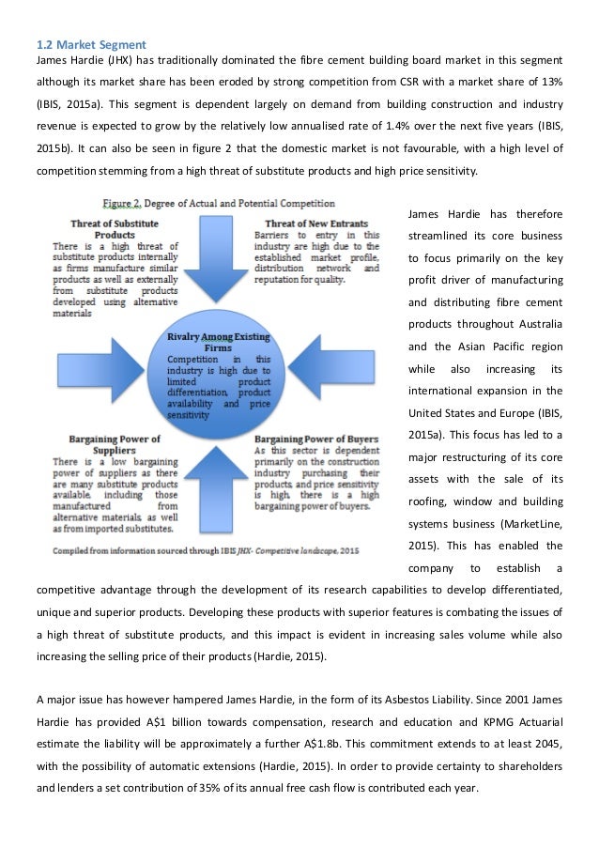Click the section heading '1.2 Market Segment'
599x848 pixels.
pos(86,41)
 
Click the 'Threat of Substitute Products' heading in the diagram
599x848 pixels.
pos(115,229)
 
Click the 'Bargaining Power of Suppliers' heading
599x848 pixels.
pos(114,444)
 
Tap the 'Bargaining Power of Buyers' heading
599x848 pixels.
pos(316,439)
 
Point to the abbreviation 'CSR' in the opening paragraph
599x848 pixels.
pos(407,81)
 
